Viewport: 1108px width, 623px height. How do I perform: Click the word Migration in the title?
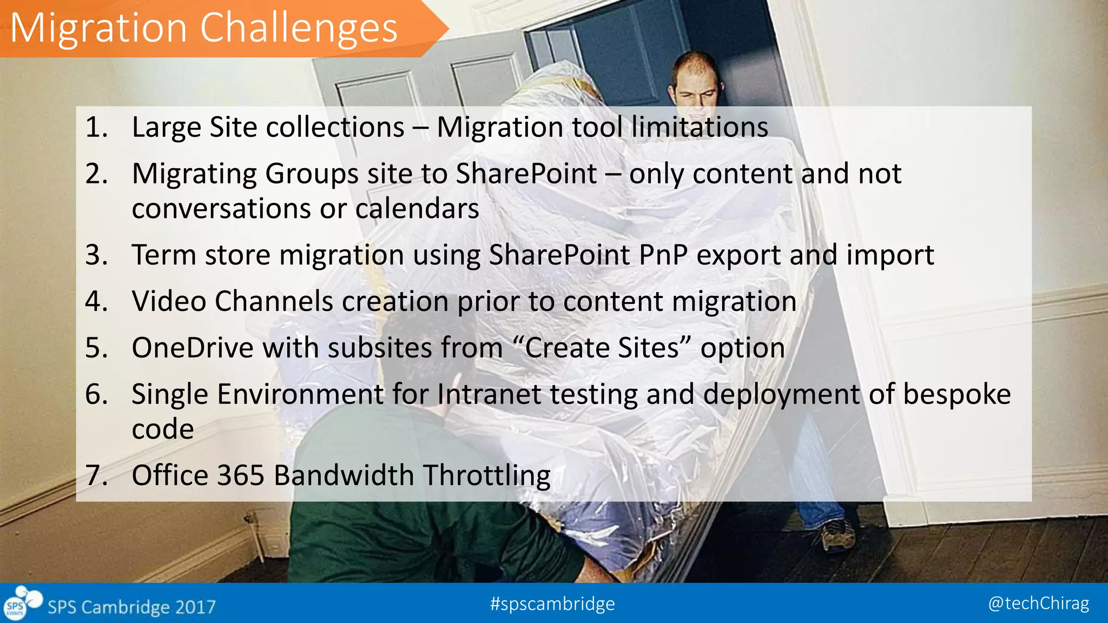pos(98,28)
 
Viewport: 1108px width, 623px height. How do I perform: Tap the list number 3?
pos(96,255)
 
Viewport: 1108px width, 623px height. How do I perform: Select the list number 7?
pos(96,475)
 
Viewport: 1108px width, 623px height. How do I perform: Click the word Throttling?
pos(486,475)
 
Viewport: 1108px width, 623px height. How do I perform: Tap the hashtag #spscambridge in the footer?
pos(552,604)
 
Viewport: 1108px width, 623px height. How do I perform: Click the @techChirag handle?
pos(1038,604)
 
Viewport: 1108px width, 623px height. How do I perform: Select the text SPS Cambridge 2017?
pos(131,607)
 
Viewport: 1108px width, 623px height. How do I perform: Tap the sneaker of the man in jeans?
pos(838,535)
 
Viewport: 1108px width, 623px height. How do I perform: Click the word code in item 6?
pos(163,429)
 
